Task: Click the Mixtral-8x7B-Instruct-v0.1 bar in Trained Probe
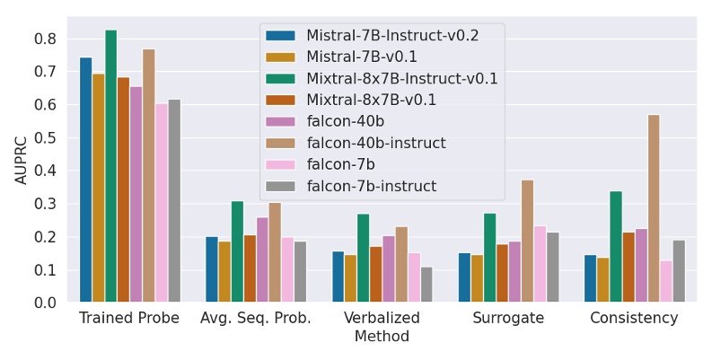(110, 166)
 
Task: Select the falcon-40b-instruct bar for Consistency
(654, 208)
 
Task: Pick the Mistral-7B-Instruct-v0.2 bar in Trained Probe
(85, 180)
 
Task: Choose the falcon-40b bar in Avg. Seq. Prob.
(262, 259)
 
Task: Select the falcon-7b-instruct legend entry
(371, 186)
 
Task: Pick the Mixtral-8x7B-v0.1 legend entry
(371, 100)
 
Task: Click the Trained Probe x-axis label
(129, 319)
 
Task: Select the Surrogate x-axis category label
(508, 319)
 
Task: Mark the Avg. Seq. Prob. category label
(256, 319)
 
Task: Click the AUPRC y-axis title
(22, 159)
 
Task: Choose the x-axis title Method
(382, 337)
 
